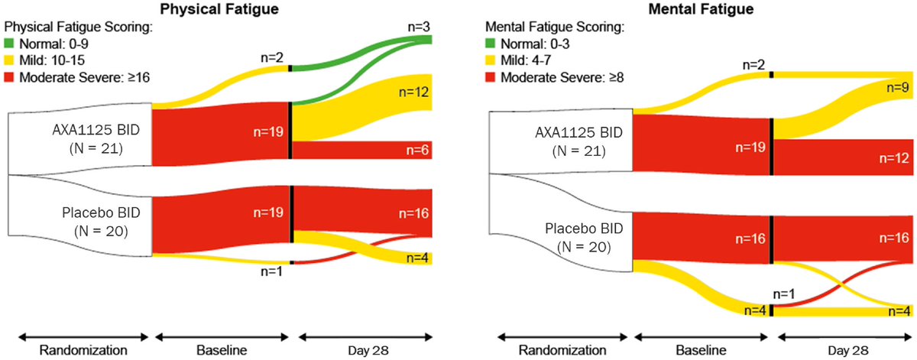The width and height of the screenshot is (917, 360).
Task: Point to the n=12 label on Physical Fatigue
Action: tap(414, 92)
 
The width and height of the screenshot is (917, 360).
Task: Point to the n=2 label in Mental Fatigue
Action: tap(757, 66)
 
